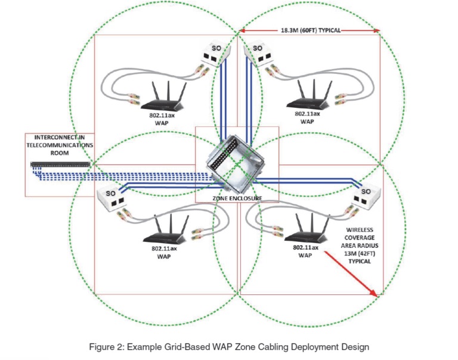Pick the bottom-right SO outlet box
(x=364, y=197)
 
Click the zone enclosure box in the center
(x=234, y=163)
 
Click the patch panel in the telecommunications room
(x=59, y=164)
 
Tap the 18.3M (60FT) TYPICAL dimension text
(x=309, y=29)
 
